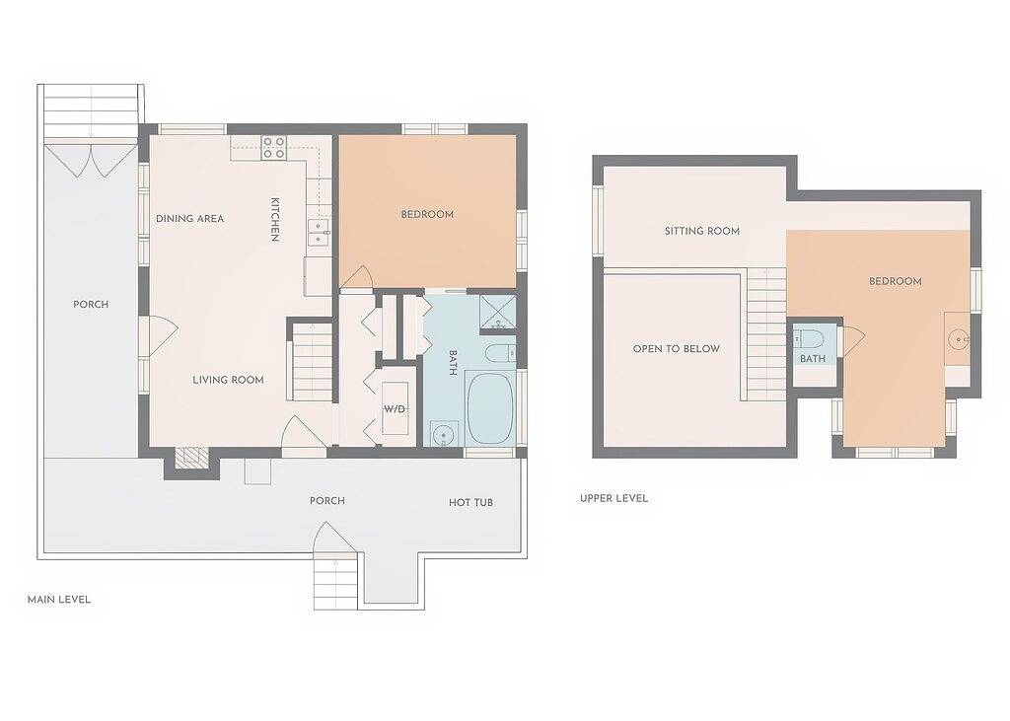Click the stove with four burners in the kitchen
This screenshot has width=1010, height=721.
273,148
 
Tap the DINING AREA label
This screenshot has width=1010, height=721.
190,218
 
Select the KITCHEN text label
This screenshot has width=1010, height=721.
274,220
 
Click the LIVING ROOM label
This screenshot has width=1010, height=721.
229,380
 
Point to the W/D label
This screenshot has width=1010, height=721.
395,409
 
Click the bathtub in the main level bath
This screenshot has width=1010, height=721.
489,408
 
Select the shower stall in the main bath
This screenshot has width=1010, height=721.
498,313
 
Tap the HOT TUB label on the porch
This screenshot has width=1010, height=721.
470,503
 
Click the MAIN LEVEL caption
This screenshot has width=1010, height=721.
59,600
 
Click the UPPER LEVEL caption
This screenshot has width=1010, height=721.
613,498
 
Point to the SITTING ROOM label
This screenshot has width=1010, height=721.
702,231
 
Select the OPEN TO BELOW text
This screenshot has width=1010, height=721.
677,348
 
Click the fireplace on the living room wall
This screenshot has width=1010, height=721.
192,458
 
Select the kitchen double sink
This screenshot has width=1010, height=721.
319,232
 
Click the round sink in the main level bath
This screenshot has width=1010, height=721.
444,433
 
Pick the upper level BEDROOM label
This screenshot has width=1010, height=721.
896,281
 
